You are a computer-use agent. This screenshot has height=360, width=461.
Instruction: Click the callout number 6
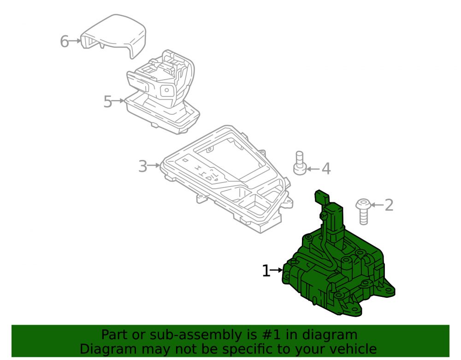pyautogui.click(x=65, y=41)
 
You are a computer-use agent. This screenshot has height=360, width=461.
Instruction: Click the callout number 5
pyautogui.click(x=107, y=102)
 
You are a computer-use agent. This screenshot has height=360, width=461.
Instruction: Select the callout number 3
pyautogui.click(x=142, y=166)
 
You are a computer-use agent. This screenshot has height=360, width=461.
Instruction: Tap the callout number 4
pyautogui.click(x=326, y=169)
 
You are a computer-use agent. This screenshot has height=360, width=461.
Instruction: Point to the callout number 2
pyautogui.click(x=389, y=205)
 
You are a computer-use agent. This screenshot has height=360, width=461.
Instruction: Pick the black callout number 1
pyautogui.click(x=266, y=271)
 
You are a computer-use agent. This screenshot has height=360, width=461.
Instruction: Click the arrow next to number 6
pyautogui.click(x=75, y=41)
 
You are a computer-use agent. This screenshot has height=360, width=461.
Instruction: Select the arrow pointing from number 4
pyautogui.click(x=313, y=169)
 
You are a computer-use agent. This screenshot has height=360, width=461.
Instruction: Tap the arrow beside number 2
pyautogui.click(x=377, y=205)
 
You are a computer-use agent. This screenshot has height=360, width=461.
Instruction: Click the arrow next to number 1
pyautogui.click(x=277, y=270)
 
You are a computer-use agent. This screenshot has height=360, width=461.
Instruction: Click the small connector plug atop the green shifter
pyautogui.click(x=321, y=197)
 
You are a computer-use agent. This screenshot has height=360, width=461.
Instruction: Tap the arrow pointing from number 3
pyautogui.click(x=154, y=165)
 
